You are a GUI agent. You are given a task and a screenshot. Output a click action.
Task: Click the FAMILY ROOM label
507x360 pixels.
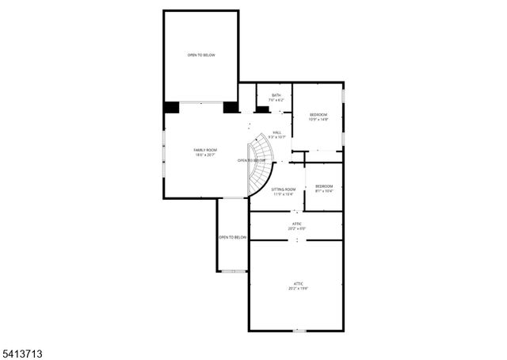(205, 150)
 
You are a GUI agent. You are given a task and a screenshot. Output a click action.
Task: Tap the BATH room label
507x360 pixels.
(276, 95)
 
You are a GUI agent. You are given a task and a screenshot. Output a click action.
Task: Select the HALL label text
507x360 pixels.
(276, 132)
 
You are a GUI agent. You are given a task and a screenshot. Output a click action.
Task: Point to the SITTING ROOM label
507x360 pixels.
(283, 189)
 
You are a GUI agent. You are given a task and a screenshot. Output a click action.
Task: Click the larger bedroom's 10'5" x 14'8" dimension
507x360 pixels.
(318, 120)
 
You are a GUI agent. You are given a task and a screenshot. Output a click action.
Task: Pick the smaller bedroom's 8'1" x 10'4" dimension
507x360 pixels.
(324, 191)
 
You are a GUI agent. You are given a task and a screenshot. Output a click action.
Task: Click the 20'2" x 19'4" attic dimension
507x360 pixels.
(299, 289)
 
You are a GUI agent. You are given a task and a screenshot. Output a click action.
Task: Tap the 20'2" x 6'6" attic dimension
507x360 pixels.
(297, 229)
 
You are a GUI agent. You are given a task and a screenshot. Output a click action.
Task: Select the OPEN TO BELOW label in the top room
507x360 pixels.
(201, 55)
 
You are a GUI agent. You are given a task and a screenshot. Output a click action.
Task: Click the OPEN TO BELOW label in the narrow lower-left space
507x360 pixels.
(233, 237)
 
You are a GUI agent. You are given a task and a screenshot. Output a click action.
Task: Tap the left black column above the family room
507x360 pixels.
(171, 108)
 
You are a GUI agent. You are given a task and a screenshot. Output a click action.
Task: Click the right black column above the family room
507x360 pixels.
(231, 108)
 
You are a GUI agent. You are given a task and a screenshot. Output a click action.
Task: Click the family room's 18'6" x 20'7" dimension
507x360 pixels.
(205, 155)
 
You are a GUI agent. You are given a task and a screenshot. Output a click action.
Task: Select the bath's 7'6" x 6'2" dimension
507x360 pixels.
(276, 100)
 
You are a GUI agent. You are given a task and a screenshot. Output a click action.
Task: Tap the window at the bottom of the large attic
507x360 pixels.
(299, 331)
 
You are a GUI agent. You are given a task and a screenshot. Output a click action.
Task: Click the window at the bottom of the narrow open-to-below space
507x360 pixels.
(229, 271)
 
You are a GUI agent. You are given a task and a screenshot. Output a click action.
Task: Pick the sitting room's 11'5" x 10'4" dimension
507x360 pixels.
(283, 194)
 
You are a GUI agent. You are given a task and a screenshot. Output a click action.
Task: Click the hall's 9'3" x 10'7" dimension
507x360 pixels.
(276, 137)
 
